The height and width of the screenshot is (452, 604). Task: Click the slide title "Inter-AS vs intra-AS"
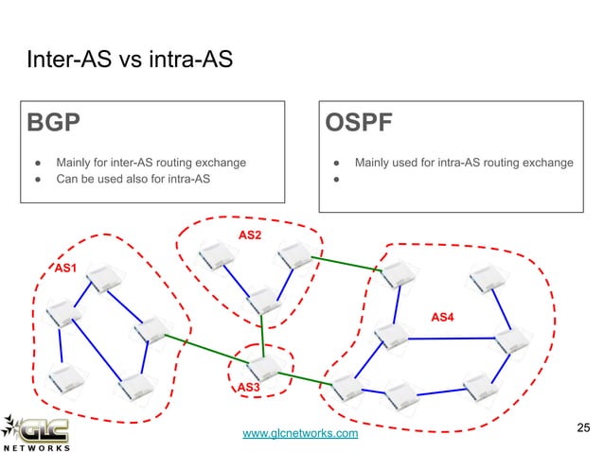pos(126,62)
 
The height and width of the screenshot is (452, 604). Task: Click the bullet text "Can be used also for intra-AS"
pos(133,179)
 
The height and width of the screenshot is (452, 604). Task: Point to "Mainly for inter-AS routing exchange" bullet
pos(151,163)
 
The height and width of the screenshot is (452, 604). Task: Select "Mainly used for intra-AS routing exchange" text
pos(463,163)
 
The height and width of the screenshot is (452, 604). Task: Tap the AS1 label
pos(65,269)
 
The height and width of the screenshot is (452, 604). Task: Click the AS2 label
pos(250,234)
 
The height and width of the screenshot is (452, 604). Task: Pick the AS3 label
pos(247,388)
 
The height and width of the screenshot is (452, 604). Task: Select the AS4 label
pos(442,315)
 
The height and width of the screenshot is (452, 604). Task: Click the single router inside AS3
pos(264,364)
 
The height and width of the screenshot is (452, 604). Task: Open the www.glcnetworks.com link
pos(300,433)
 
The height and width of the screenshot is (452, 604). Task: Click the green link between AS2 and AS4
pos(346,262)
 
